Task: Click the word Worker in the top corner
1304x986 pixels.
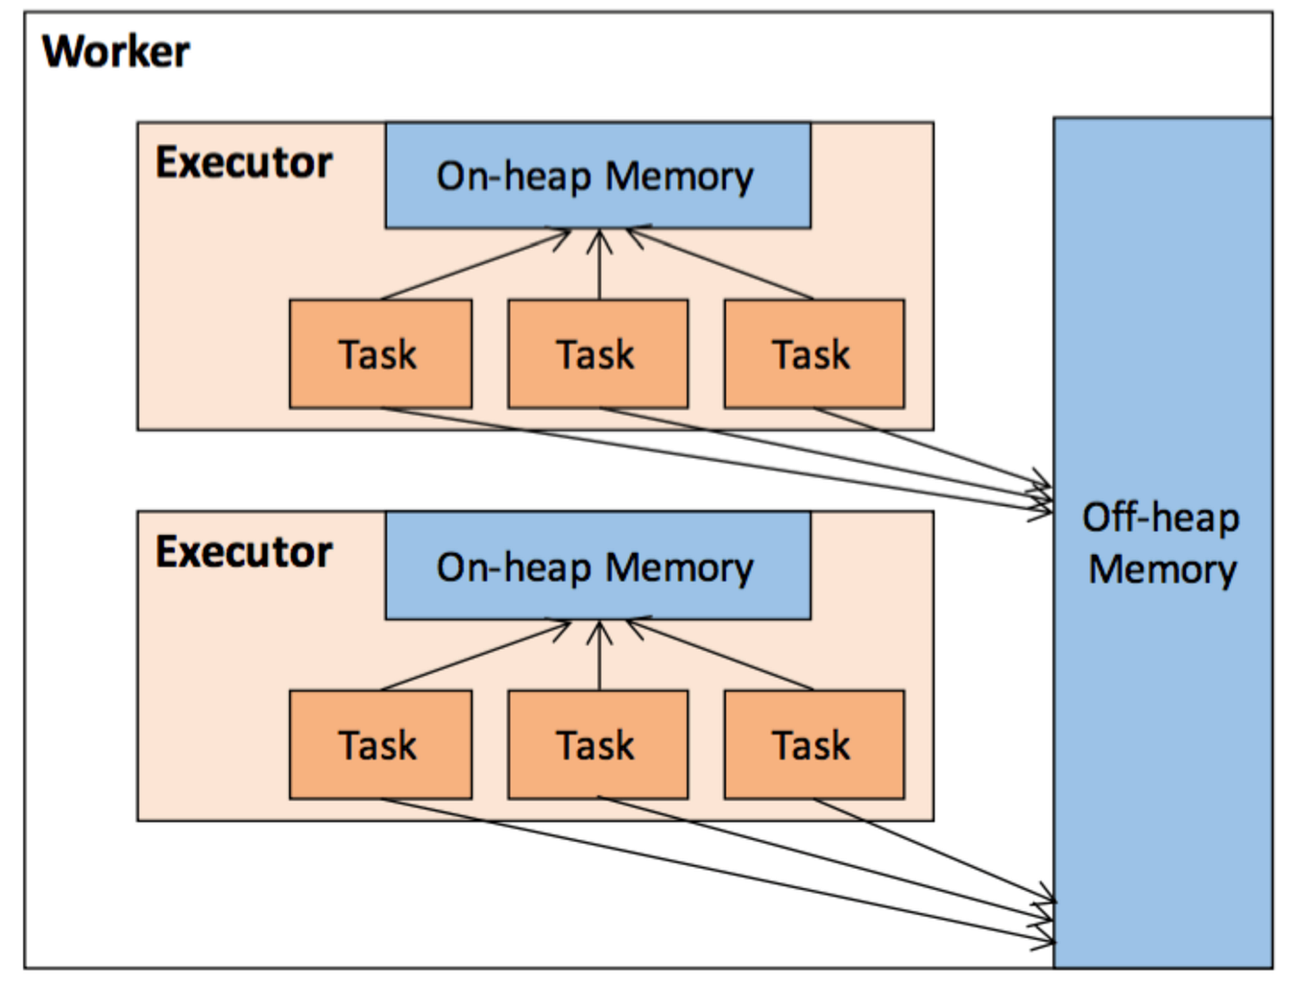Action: (115, 51)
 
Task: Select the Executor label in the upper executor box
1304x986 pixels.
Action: (244, 162)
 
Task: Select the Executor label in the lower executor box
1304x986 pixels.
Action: (244, 552)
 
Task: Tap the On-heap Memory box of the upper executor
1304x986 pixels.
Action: (597, 176)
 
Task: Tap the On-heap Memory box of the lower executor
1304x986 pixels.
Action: (597, 566)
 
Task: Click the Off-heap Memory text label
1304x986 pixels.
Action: (1161, 543)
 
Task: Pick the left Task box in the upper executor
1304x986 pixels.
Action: (380, 354)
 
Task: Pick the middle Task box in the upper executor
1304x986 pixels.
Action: (597, 354)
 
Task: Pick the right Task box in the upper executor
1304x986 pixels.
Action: (813, 354)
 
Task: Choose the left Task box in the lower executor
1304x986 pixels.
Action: (380, 745)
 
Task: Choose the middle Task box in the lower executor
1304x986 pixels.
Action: (597, 745)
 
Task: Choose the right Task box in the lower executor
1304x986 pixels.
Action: (813, 745)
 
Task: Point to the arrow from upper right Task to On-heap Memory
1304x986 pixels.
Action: (720, 264)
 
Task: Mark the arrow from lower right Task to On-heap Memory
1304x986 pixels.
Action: (720, 655)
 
